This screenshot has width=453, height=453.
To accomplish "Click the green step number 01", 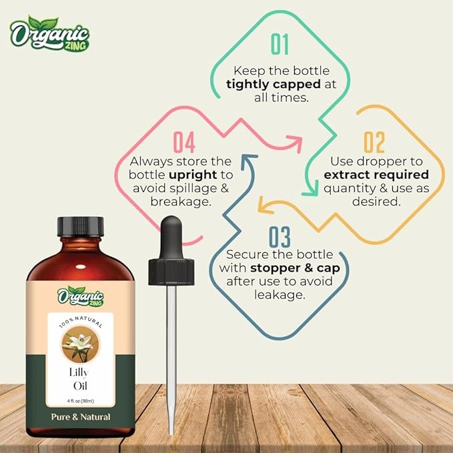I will [280, 43].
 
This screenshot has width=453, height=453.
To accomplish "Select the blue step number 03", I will [280, 238].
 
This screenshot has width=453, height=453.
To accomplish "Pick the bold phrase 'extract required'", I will [376, 175].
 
